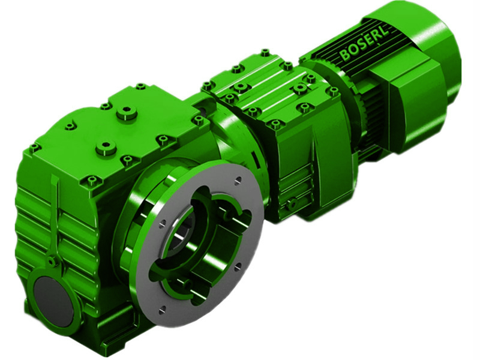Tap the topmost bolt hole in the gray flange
coord(239,178)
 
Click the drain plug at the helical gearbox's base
coord(292,205)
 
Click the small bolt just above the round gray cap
coord(53,261)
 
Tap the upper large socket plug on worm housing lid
coord(127,112)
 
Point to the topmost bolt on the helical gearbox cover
coord(265,53)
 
